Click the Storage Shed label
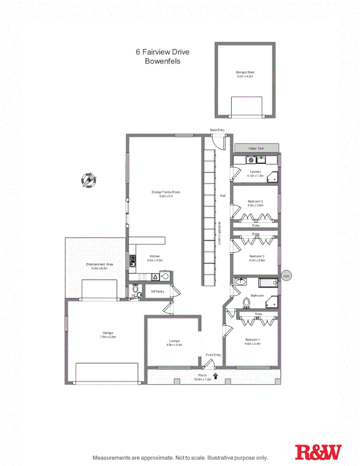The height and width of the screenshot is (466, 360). click(245, 72)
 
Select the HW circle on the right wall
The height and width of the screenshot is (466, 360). click(287, 276)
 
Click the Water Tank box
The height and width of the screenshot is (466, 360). click(256, 149)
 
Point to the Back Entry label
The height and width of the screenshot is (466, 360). click(217, 130)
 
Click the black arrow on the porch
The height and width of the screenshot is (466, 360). click(216, 375)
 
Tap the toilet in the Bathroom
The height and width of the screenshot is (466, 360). click(246, 303)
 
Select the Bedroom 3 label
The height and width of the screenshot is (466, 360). click(255, 201)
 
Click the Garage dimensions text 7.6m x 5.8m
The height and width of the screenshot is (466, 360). click(107, 337)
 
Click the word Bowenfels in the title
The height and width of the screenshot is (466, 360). click(162, 61)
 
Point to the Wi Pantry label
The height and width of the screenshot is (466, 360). click(157, 292)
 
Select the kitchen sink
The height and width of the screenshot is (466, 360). click(133, 260)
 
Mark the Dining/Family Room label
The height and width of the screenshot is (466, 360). click(166, 192)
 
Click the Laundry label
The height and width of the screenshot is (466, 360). click(255, 171)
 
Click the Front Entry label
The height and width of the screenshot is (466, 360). click(213, 355)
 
